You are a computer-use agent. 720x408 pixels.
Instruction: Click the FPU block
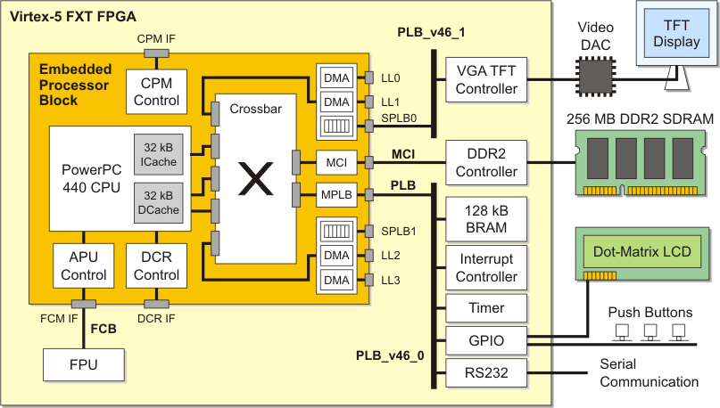tap(84, 364)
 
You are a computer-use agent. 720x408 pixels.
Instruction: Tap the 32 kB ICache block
tap(158, 154)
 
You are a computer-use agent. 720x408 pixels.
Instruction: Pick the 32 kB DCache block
tap(158, 201)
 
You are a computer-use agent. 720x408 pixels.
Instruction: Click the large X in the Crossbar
tap(257, 182)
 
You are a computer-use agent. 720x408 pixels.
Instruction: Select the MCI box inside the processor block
tap(335, 162)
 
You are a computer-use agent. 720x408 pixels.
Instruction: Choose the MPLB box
tap(335, 192)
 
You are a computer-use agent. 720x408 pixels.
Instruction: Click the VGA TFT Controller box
tap(486, 80)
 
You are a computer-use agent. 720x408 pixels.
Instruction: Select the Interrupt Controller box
tap(486, 268)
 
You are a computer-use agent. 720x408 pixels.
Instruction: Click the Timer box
tap(486, 308)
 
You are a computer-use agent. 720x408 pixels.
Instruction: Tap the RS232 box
tap(486, 373)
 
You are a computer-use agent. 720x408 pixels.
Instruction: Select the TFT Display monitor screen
tap(676, 34)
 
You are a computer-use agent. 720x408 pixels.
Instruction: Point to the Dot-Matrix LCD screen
tap(641, 252)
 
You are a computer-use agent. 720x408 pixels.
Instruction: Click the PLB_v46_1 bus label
tap(432, 32)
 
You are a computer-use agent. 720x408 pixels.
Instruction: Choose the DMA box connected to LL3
tap(335, 281)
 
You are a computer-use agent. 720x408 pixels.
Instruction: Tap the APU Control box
tap(84, 266)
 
